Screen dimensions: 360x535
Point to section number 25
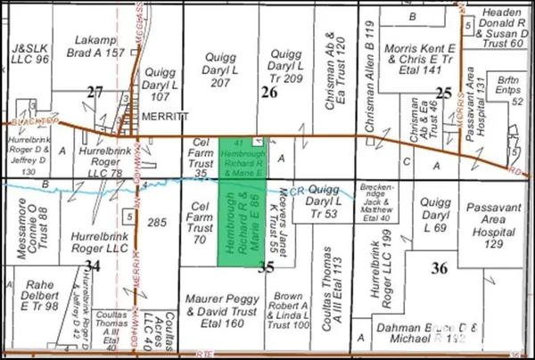pyautogui.click(x=443, y=92)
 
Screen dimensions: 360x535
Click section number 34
pyautogui.click(x=93, y=265)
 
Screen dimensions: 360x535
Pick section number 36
pyautogui.click(x=439, y=268)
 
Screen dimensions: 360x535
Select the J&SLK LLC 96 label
pyautogui.click(x=29, y=53)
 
